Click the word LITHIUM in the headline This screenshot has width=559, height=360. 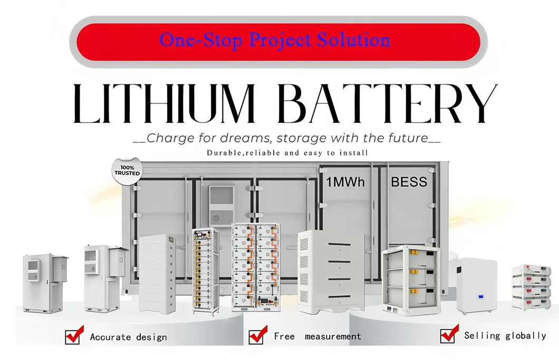163,104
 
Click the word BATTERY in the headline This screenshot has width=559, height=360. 387,104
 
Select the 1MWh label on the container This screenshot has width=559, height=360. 345,182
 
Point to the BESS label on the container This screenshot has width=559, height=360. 409,182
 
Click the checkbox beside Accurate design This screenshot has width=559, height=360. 74,335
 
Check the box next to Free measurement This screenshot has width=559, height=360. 257,335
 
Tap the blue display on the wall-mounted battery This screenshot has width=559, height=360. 480,297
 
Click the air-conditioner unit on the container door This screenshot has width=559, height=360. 221,206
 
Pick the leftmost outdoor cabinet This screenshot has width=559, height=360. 45,283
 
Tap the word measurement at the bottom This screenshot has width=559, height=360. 333,336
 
